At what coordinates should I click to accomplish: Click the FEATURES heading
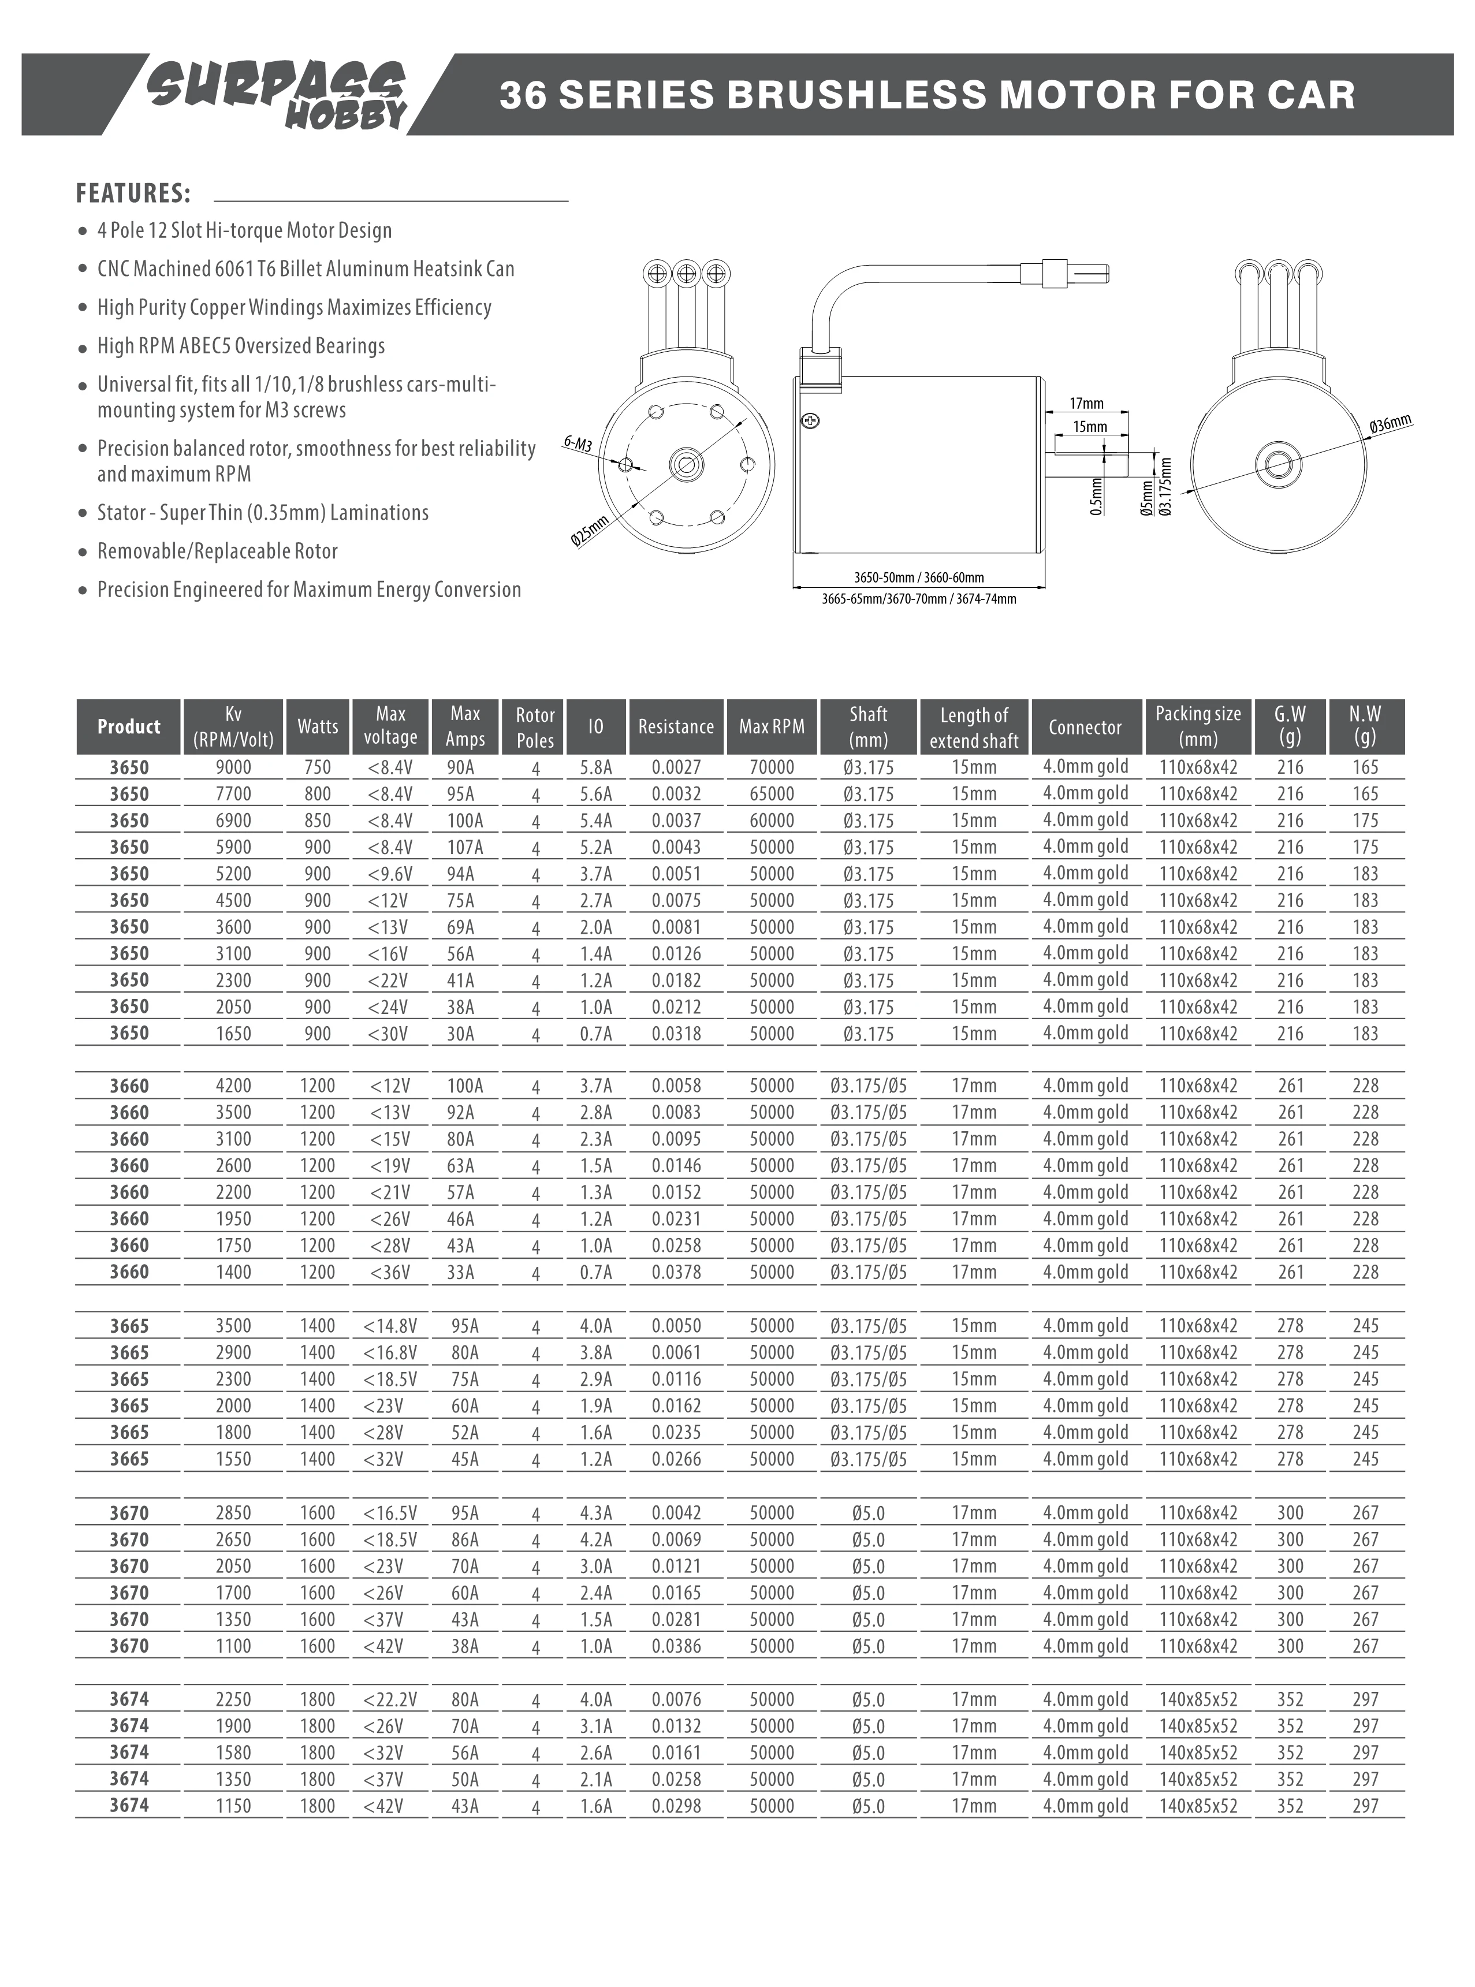(133, 193)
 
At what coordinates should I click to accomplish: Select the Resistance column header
(676, 726)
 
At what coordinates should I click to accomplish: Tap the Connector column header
(1085, 726)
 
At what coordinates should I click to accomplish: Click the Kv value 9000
(233, 767)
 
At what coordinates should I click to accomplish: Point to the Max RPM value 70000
(772, 767)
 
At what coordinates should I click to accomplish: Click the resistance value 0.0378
(676, 1272)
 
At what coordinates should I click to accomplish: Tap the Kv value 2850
(233, 1513)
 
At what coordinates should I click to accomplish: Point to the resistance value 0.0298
(676, 1806)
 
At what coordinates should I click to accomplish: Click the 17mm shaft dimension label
(1086, 404)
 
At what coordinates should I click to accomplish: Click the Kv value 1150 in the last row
(233, 1806)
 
